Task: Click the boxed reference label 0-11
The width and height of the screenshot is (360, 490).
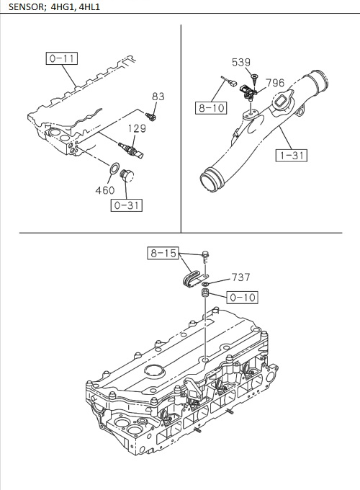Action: pos(62,59)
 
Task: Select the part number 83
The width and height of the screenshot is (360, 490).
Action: pos(158,97)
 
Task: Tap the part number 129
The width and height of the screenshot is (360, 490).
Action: pos(137,129)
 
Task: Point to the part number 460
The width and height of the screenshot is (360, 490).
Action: pos(105,191)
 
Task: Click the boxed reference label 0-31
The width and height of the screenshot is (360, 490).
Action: pos(126,205)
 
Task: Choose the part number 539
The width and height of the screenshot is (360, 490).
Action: pos(241,62)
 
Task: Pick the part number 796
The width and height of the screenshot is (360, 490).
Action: pos(275,83)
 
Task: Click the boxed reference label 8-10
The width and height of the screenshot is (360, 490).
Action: pos(210,108)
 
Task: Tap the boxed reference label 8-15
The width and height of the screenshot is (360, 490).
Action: pos(163,253)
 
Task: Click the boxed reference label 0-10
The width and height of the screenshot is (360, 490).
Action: pos(242,296)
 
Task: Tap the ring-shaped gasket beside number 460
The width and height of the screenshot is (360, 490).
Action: pos(114,170)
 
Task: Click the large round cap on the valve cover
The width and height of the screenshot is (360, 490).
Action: pos(154,372)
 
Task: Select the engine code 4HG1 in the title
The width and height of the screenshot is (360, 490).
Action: pos(61,8)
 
